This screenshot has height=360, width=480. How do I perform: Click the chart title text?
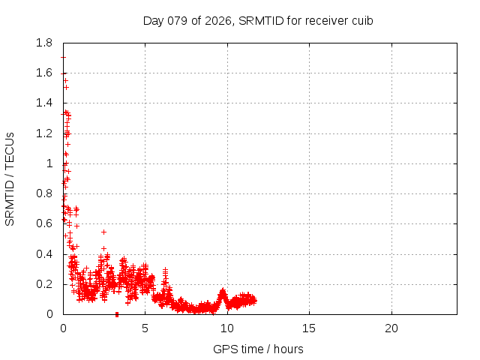[x=258, y=20]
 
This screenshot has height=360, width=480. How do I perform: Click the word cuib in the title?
[x=362, y=20]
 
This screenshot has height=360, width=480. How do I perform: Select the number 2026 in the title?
[x=216, y=20]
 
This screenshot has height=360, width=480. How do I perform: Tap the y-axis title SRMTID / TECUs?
[x=10, y=178]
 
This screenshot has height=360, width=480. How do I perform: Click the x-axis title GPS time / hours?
[x=258, y=349]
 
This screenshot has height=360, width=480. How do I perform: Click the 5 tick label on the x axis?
[x=145, y=328]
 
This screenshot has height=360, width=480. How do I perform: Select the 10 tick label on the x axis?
[x=227, y=328]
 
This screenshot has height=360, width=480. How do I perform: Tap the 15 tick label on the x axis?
[x=309, y=328]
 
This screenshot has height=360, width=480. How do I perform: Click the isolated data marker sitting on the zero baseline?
[x=117, y=314]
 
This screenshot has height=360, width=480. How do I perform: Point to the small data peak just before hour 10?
[x=223, y=292]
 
